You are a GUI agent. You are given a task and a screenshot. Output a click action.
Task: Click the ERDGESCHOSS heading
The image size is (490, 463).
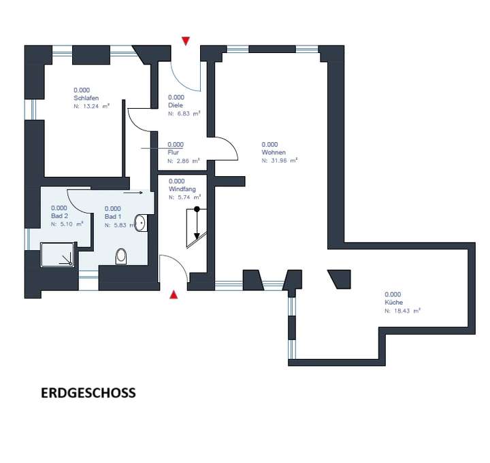click(88, 393)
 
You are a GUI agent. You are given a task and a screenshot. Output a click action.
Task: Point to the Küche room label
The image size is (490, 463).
click(394, 302)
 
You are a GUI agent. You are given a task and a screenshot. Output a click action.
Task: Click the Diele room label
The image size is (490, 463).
click(176, 105)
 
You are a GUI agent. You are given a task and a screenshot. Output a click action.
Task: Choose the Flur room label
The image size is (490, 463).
click(173, 153)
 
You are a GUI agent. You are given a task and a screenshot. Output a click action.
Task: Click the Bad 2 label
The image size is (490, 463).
click(59, 216)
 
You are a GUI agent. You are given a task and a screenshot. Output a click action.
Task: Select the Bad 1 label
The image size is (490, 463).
click(113, 216)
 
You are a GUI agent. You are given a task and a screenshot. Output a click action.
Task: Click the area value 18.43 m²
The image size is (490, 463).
click(402, 310)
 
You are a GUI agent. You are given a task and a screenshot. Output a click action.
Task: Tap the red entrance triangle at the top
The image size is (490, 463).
click(186, 41)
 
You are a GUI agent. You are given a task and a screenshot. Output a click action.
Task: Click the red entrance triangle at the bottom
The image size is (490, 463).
click(174, 294)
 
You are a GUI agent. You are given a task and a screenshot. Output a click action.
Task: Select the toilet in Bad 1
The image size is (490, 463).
click(122, 256)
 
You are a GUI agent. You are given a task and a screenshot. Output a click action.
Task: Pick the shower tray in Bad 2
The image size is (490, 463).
click(58, 254)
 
